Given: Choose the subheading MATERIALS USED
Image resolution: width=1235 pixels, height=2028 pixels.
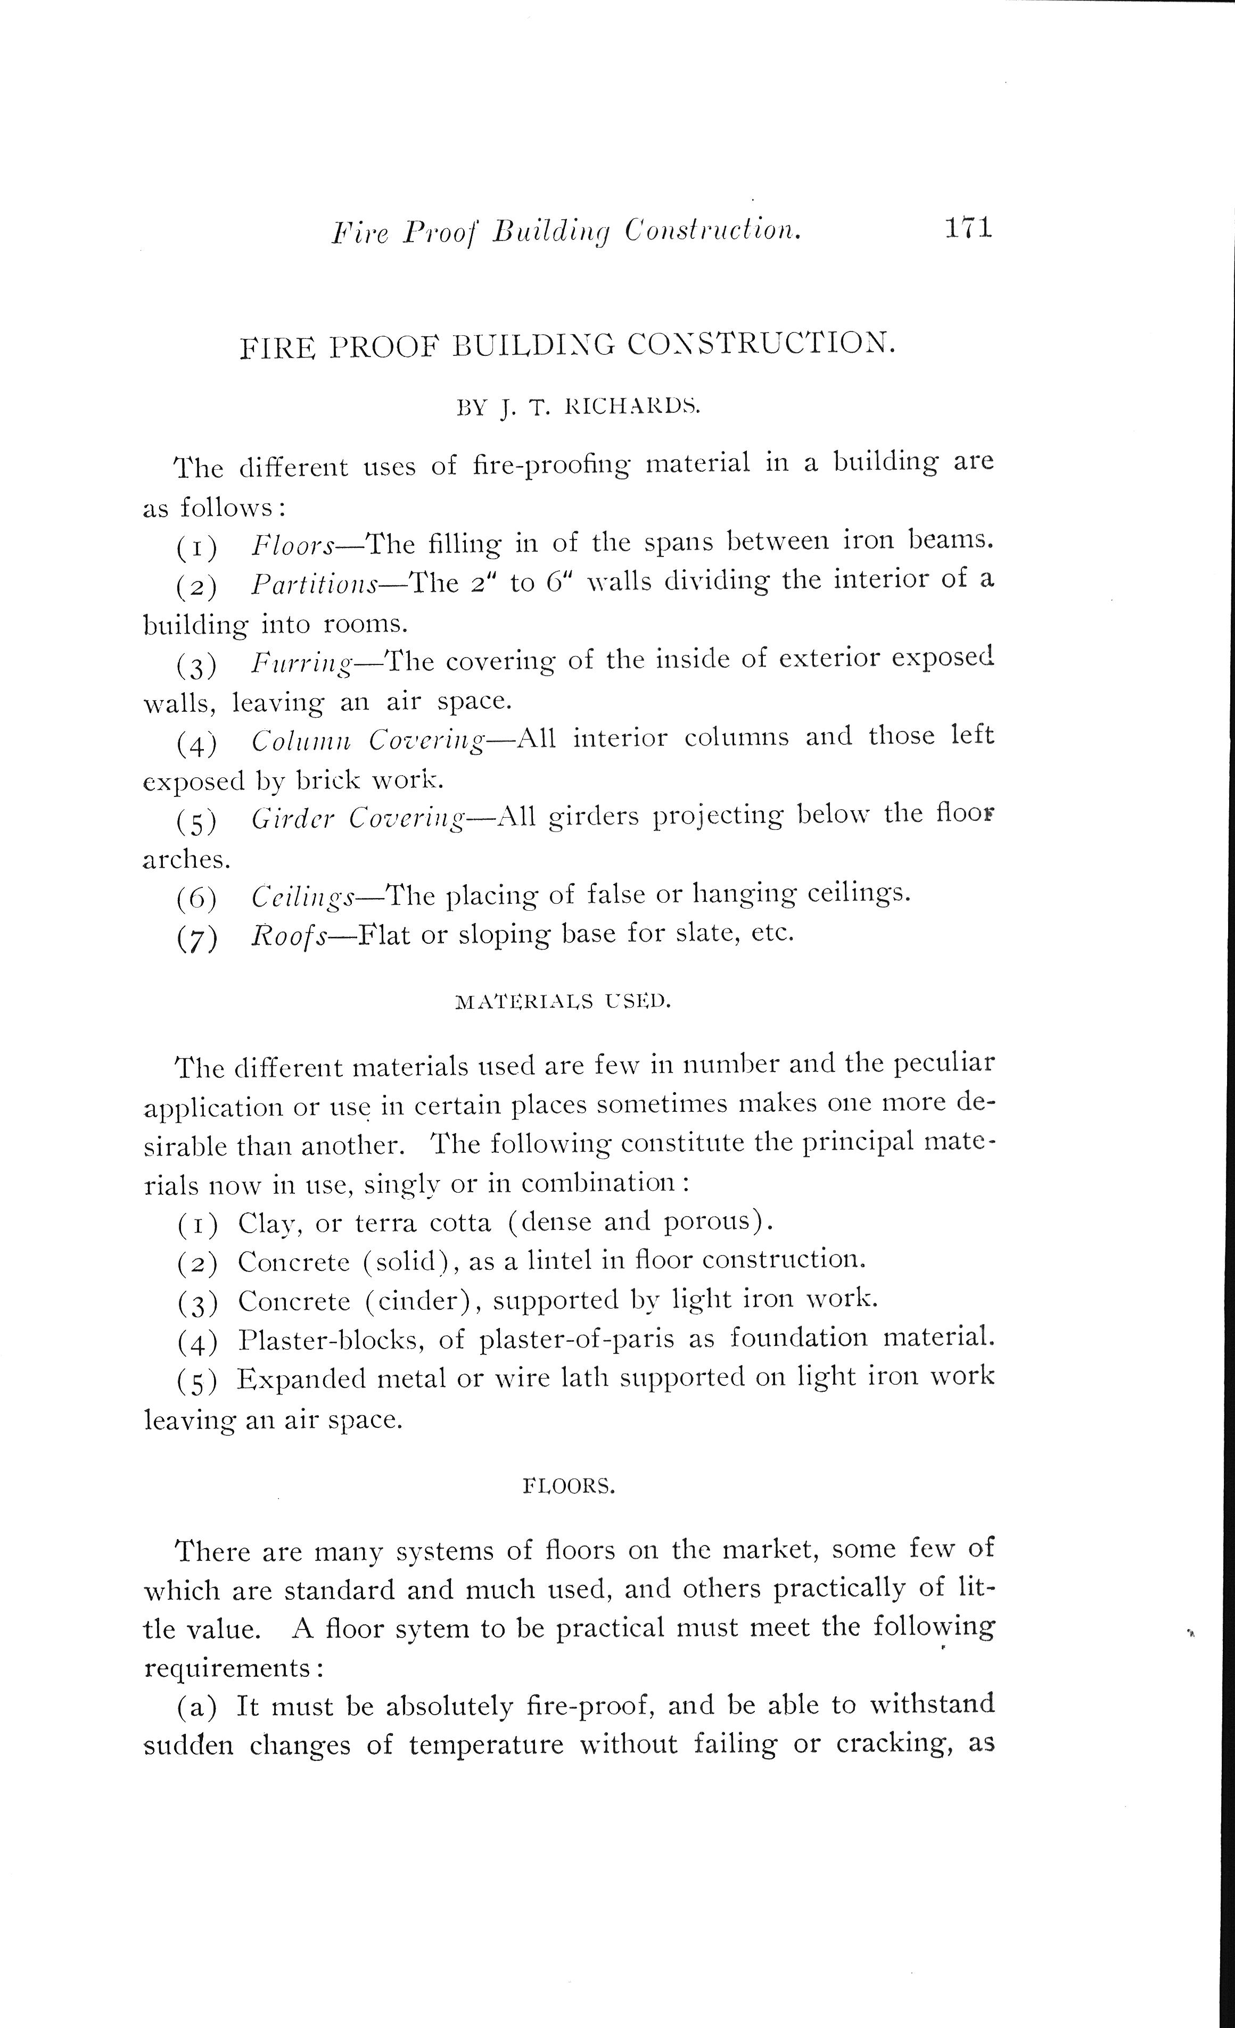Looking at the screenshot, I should (x=563, y=1002).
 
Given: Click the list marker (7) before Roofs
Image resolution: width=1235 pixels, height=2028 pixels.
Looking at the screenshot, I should (x=197, y=938).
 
